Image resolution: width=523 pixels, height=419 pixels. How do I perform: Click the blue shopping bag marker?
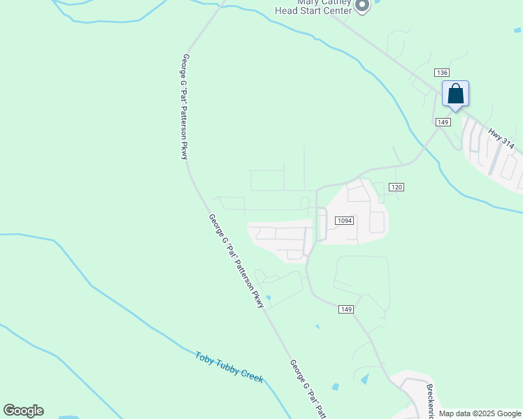pyautogui.click(x=455, y=94)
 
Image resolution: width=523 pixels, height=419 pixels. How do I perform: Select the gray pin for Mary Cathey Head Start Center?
pyautogui.click(x=361, y=6)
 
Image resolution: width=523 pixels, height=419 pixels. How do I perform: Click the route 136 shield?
pyautogui.click(x=441, y=73)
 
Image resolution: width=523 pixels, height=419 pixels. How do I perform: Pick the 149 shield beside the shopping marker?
pyautogui.click(x=443, y=122)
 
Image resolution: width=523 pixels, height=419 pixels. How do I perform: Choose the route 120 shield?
pyautogui.click(x=396, y=187)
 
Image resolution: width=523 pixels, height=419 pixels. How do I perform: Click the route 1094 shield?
pyautogui.click(x=344, y=221)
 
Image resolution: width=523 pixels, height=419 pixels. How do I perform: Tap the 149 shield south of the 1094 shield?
pyautogui.click(x=345, y=309)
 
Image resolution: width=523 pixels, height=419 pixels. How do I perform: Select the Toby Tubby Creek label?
pyautogui.click(x=229, y=366)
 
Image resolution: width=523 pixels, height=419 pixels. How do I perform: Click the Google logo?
pyautogui.click(x=23, y=411)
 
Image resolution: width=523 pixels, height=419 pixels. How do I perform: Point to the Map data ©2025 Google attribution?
pyautogui.click(x=480, y=413)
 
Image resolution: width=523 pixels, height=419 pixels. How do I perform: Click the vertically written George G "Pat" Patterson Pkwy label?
pyautogui.click(x=185, y=106)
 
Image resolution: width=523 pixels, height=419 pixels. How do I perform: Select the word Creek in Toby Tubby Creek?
pyautogui.click(x=251, y=376)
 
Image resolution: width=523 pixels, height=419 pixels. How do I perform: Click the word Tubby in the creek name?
pyautogui.click(x=227, y=365)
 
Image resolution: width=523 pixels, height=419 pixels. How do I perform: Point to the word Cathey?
pyautogui.click(x=334, y=2)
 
